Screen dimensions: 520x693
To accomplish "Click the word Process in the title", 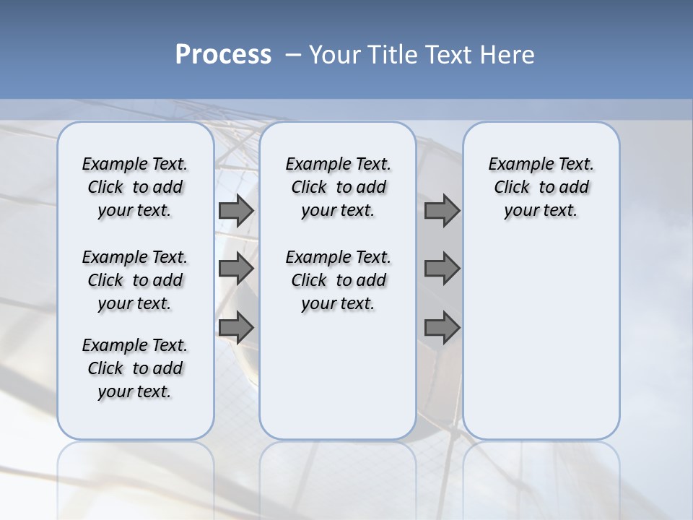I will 223,55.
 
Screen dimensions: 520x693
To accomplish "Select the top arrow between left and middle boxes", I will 235,210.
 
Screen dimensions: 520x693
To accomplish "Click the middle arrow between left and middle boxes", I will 235,269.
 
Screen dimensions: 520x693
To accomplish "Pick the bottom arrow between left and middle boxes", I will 235,328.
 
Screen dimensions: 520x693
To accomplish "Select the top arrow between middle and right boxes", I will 442,210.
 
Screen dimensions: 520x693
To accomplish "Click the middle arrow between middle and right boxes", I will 442,269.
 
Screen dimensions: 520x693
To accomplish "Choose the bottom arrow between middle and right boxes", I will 442,328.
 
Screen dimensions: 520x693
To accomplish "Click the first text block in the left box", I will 135,187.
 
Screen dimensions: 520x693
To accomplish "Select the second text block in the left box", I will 135,280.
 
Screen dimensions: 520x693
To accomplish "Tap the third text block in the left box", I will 135,368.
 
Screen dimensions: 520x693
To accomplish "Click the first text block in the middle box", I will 338,187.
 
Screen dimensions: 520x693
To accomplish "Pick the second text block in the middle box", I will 338,280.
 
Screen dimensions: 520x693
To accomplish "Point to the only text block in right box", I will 541,187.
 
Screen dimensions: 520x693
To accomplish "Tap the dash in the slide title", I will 293,55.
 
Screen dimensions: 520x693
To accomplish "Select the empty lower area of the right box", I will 541,339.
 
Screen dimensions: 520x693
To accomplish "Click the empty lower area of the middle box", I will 338,376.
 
